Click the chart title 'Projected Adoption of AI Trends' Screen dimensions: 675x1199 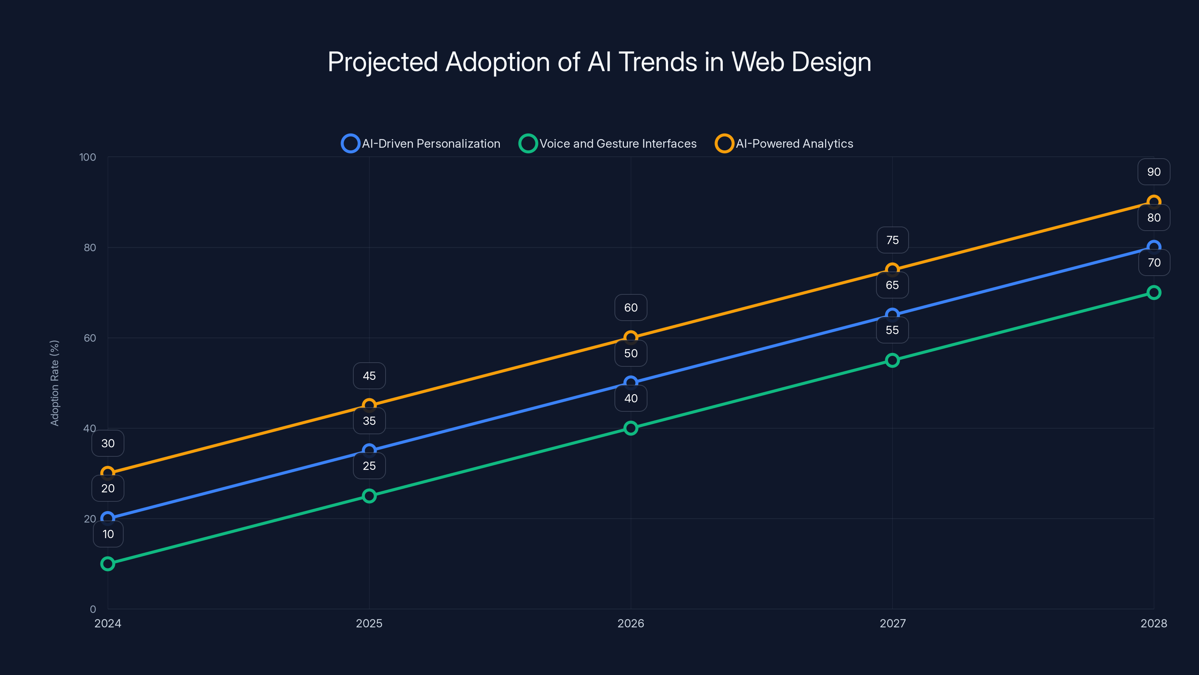click(x=599, y=62)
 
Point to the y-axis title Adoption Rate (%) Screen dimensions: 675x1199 click(x=54, y=383)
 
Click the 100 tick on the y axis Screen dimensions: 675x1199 click(x=88, y=157)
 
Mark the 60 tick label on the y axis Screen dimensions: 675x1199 click(x=90, y=338)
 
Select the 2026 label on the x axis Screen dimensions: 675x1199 click(x=630, y=623)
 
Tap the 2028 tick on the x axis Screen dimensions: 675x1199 click(x=1153, y=623)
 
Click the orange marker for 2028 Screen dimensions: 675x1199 click(x=1153, y=202)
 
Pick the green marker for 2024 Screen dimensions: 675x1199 click(x=108, y=564)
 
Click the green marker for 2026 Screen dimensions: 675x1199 click(x=630, y=428)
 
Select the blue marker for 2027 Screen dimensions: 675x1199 click(x=892, y=315)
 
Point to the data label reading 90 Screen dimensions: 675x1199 click(x=1153, y=172)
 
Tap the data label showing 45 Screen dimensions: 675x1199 click(x=369, y=376)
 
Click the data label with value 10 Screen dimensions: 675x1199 click(x=108, y=534)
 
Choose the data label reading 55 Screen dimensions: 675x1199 click(x=892, y=330)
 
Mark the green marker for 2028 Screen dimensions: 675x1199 click(x=1153, y=292)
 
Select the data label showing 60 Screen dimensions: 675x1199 click(x=630, y=308)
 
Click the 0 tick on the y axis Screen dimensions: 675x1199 click(x=93, y=609)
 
